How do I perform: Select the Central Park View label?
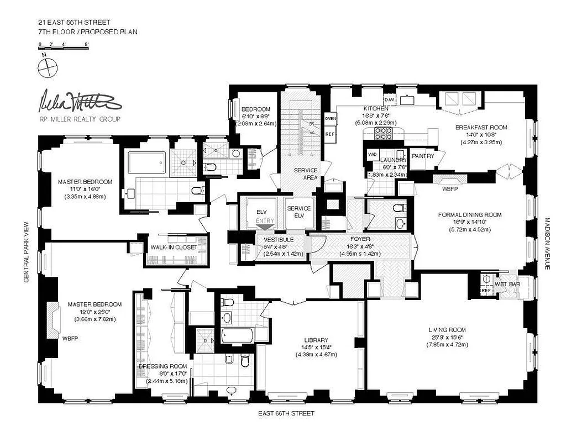26,252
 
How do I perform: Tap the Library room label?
316,340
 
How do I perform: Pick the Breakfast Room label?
481,128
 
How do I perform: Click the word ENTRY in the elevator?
265,222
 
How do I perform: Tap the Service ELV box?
298,212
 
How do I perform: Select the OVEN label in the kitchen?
331,119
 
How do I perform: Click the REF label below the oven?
330,134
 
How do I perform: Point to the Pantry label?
423,156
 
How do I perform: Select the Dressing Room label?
162,367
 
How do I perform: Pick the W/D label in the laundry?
373,155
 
